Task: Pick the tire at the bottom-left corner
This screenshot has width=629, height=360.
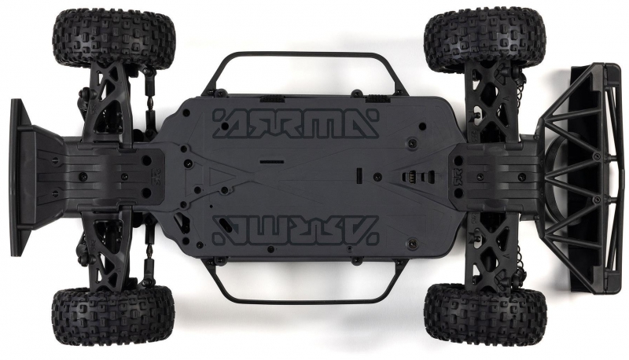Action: [x=112, y=318]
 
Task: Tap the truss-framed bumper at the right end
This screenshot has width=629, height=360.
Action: [x=582, y=177]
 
